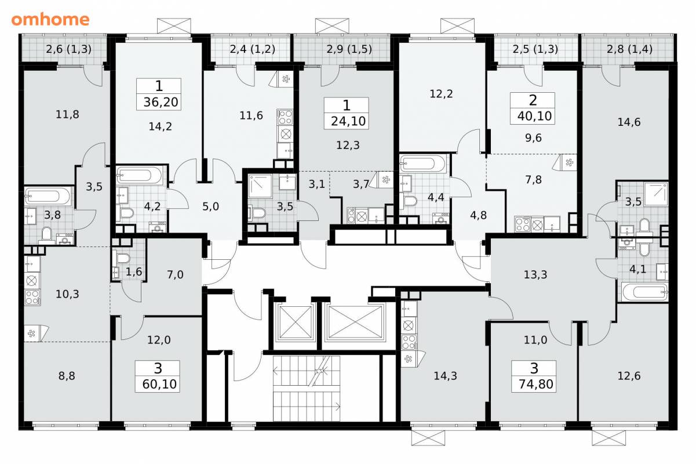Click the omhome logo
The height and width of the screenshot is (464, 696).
[50, 20]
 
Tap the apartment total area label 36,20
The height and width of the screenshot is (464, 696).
[161, 102]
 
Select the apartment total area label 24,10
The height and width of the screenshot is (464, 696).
[348, 121]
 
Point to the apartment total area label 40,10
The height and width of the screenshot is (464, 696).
[534, 116]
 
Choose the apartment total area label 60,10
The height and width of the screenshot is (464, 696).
[159, 385]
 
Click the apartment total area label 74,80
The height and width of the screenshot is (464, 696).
[535, 385]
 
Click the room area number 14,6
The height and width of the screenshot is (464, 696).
[629, 122]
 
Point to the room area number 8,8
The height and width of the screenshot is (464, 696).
[67, 376]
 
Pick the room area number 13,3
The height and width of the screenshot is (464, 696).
[535, 274]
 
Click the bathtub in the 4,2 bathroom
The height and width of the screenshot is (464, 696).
[140, 176]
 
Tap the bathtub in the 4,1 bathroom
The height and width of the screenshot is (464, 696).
[644, 292]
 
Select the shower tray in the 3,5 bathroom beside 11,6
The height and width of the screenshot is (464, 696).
[260, 186]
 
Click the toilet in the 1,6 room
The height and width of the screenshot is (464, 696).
[123, 258]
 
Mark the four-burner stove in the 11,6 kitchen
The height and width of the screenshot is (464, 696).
[285, 117]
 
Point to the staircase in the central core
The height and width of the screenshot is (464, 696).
[306, 389]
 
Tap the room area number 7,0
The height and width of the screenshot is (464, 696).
[175, 274]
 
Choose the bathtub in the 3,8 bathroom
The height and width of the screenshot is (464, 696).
[49, 196]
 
